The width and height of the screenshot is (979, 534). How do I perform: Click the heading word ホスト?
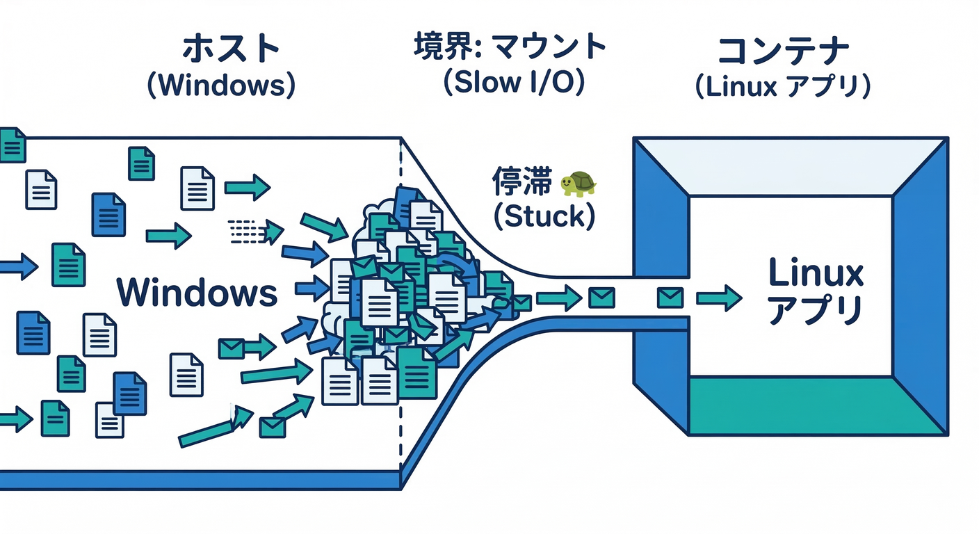[x=231, y=50]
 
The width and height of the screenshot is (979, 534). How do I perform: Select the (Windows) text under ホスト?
[x=221, y=86]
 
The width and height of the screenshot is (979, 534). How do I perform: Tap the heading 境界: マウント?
[x=510, y=47]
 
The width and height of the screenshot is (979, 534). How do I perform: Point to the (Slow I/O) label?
[x=514, y=83]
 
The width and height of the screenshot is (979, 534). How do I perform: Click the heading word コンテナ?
[x=783, y=50]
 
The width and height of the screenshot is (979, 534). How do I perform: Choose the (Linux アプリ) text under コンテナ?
[x=783, y=87]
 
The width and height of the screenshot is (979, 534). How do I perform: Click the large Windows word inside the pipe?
[x=197, y=292]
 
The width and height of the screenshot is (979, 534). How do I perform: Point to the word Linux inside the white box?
[x=816, y=274]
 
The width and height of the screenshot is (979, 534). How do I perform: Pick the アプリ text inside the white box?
[x=816, y=310]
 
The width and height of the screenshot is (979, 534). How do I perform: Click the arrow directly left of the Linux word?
[x=718, y=298]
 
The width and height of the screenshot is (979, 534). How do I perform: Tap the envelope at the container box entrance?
[x=670, y=298]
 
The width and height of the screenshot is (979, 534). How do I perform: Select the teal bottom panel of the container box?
[x=818, y=406]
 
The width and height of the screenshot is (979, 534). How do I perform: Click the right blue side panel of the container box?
[x=921, y=285]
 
